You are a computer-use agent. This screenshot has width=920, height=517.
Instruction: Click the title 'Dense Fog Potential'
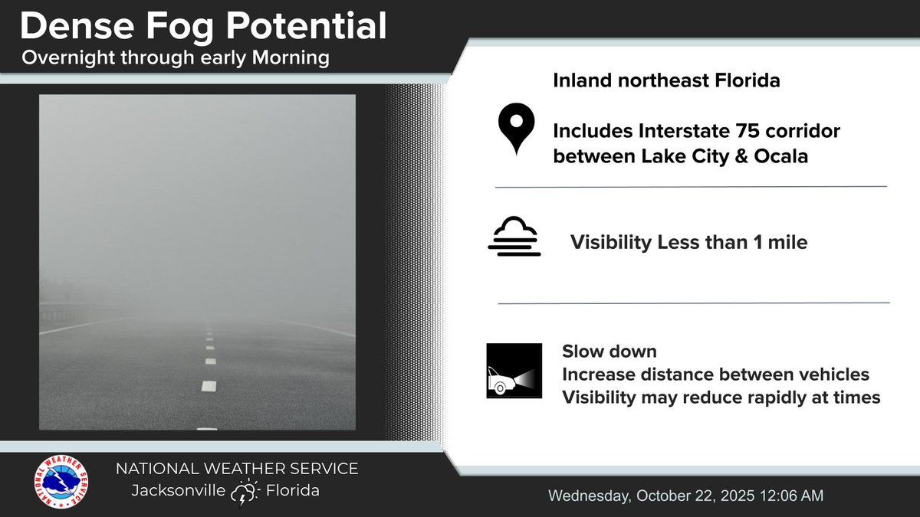coord(203,27)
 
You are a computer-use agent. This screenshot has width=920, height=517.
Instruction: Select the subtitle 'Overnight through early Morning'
coord(176,59)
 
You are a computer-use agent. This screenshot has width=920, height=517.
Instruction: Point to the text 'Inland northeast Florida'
coord(666,80)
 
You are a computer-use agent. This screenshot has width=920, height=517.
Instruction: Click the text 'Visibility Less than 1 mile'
coord(688,243)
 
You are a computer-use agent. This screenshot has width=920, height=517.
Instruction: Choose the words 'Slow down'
coord(609,352)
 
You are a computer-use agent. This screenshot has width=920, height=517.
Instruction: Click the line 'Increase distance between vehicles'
coord(715,375)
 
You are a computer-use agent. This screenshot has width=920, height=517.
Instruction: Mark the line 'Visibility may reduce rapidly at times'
coord(721,398)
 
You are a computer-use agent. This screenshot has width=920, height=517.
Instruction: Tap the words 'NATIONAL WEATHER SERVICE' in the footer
coord(236,468)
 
